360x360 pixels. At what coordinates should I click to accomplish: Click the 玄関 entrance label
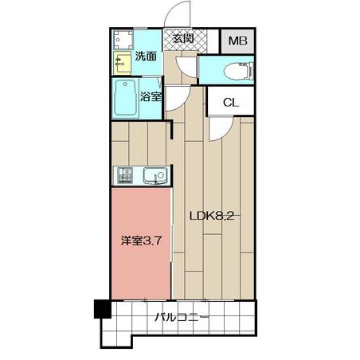coord(183,39)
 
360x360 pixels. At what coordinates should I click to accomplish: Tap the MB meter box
coord(238,41)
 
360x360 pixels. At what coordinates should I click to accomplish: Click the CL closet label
coord(231,102)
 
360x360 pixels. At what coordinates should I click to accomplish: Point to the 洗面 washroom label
coord(146,56)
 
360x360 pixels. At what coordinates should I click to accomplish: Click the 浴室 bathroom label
coord(151,96)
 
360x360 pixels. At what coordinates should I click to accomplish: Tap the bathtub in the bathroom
coord(125,98)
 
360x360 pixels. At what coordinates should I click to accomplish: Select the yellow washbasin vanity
coord(122,63)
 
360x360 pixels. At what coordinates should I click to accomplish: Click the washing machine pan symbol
coord(123,40)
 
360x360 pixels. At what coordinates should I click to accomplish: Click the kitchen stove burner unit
coord(125,175)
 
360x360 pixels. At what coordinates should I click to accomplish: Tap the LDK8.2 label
coord(212,217)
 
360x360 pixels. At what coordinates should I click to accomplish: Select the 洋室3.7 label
coord(141,241)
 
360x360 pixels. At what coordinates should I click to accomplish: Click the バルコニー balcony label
coord(182,317)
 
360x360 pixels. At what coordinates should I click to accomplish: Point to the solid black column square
coord(103,309)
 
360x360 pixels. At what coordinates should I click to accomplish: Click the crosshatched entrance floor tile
coord(185,40)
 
